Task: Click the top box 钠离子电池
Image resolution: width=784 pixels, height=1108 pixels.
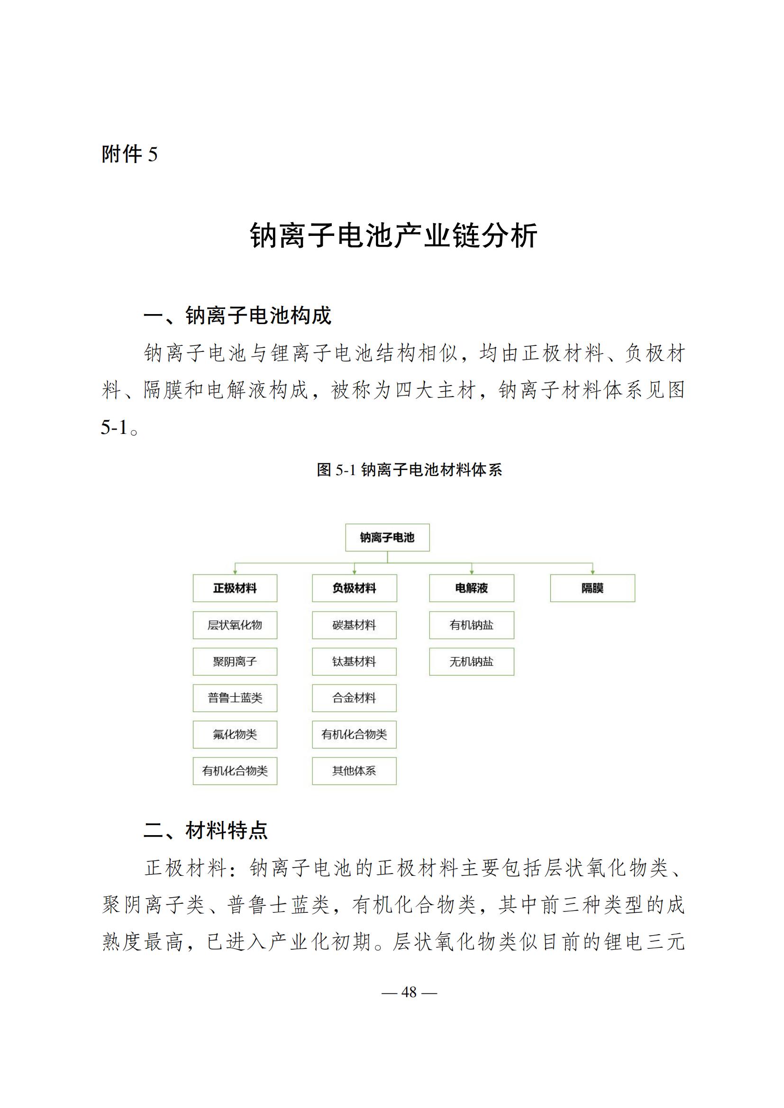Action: [x=387, y=537]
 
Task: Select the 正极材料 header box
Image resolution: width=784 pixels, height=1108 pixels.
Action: [x=235, y=588]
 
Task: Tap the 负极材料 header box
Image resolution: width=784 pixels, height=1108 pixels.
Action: [x=355, y=588]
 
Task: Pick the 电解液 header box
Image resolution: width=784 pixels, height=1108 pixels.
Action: [x=471, y=588]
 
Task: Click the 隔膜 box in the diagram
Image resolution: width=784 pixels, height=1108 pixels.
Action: [x=593, y=588]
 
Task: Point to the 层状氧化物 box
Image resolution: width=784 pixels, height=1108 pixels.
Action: [x=235, y=625]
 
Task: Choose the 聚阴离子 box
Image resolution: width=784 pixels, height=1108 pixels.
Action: [x=235, y=661]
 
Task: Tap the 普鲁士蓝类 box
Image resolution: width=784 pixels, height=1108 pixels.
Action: [x=235, y=698]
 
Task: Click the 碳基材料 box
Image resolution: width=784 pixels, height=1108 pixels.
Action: [x=355, y=625]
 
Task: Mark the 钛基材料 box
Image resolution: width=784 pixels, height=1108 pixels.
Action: [x=355, y=661]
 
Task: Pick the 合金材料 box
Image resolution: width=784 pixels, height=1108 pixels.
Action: [x=355, y=698]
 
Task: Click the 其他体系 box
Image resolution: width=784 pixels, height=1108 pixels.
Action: [x=355, y=771]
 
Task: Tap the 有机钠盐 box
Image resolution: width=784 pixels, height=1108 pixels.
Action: [x=471, y=625]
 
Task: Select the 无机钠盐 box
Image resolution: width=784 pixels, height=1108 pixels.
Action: [x=471, y=661]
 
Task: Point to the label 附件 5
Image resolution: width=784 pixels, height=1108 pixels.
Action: [x=129, y=154]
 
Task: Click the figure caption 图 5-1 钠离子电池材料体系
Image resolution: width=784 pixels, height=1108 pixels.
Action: [x=409, y=469]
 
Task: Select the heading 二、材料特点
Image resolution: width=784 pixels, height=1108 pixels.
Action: [x=206, y=830]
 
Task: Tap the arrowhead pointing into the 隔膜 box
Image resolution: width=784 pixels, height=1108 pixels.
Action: [x=593, y=572]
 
